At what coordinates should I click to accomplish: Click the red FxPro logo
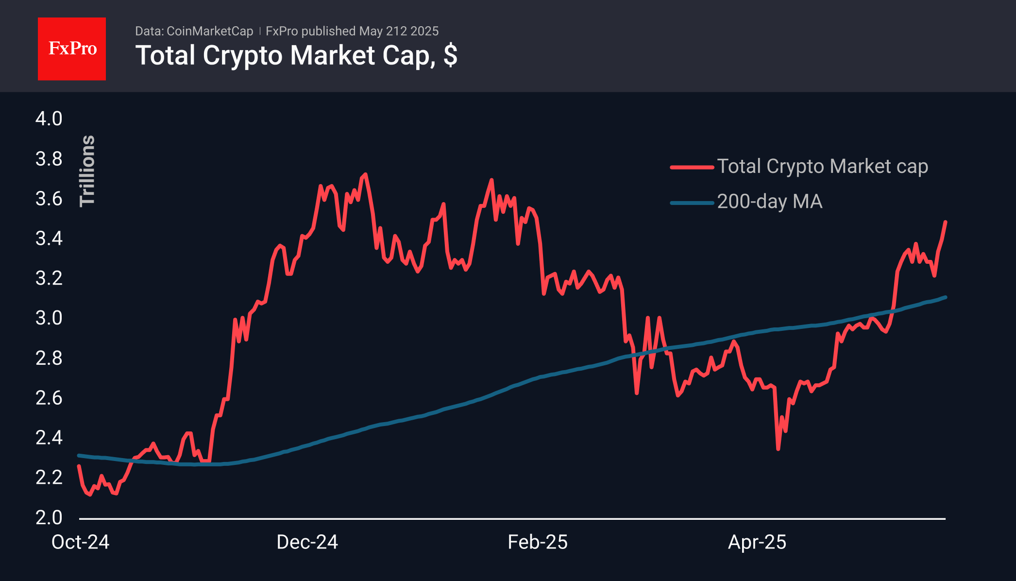tap(72, 49)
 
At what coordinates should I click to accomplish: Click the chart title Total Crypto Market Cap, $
tap(296, 55)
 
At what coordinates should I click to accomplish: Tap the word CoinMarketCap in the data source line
tap(210, 31)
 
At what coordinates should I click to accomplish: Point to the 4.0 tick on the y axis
tap(49, 119)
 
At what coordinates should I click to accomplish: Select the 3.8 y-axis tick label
tap(49, 159)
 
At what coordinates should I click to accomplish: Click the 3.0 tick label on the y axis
tap(49, 318)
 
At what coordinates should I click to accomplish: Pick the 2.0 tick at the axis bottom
tap(49, 517)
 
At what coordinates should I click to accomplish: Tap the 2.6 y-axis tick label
tap(49, 398)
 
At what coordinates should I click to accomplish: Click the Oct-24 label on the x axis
tap(81, 542)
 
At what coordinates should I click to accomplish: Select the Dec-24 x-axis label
tap(307, 542)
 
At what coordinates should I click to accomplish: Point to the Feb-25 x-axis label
tap(538, 542)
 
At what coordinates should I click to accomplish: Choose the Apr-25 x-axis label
tap(757, 542)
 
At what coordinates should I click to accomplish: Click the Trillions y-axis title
tap(87, 171)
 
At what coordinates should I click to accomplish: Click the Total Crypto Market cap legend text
tap(822, 167)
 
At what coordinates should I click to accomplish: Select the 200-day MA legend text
tap(770, 202)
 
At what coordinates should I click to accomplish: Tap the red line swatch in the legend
tap(692, 167)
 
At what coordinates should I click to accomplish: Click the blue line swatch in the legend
tap(692, 203)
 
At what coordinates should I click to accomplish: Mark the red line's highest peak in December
tap(365, 174)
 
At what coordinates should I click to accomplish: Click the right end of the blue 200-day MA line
tap(945, 297)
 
